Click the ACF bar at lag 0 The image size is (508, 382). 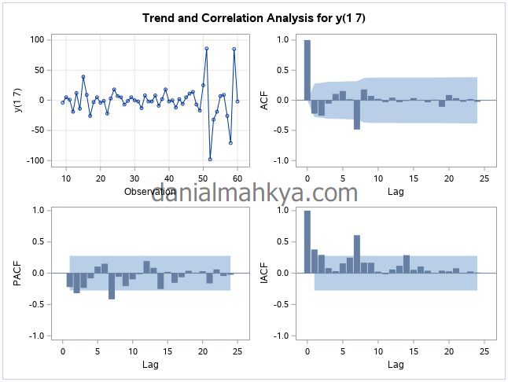[x=307, y=70]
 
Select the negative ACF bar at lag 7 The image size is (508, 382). [x=356, y=114]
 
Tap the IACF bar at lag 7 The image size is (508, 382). [x=356, y=254]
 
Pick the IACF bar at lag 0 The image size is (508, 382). [x=307, y=242]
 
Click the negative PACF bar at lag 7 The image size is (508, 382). [x=112, y=285]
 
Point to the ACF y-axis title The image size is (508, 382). [x=265, y=100]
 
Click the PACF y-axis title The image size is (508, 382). [x=17, y=272]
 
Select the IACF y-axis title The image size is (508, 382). [x=265, y=272]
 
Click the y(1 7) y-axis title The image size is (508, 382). [x=17, y=100]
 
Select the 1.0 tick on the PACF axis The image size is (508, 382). [x=36, y=210]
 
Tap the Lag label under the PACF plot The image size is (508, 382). [x=149, y=364]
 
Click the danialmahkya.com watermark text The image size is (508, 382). [x=254, y=193]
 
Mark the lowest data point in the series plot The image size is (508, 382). [x=210, y=160]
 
